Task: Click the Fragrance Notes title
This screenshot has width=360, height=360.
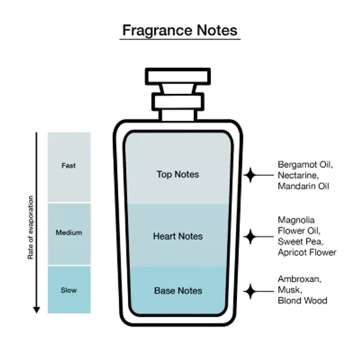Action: point(180,30)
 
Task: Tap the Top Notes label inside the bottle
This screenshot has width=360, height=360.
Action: point(178,174)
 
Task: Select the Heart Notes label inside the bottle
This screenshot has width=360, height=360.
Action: point(178,236)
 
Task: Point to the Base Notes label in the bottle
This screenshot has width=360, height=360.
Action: point(178,291)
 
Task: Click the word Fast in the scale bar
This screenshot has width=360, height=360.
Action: point(68,166)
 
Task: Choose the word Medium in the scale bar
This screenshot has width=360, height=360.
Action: point(68,233)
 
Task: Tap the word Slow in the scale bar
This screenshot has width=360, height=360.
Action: point(68,290)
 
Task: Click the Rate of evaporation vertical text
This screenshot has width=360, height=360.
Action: point(31,227)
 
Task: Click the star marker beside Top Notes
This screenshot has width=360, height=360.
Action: point(250,175)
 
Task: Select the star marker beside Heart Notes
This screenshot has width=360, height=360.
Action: point(250,236)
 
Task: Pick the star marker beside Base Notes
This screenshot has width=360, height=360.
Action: point(250,291)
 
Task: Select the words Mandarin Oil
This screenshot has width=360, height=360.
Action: point(303,186)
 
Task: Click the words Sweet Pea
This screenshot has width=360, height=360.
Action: point(299,242)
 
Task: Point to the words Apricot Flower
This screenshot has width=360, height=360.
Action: point(307,252)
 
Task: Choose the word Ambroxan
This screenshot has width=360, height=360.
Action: point(299,279)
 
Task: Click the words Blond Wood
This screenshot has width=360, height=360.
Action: point(302,301)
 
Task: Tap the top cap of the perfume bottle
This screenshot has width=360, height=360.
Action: point(178,76)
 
